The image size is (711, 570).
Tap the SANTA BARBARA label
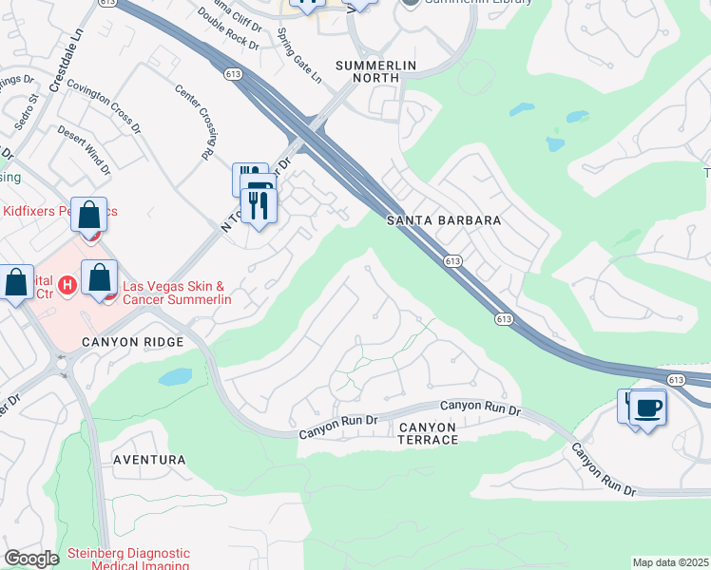[x=443, y=220]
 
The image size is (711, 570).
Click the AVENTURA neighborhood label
[x=149, y=460]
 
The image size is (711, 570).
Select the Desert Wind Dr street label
[x=84, y=150]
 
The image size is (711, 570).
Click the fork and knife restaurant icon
[x=259, y=201]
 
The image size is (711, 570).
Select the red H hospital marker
[x=67, y=284]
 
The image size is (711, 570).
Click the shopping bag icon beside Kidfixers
[x=88, y=215]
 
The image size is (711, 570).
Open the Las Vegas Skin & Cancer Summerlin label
[x=177, y=292]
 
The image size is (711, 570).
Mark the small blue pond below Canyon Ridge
[x=175, y=377]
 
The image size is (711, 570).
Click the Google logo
[x=31, y=559]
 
